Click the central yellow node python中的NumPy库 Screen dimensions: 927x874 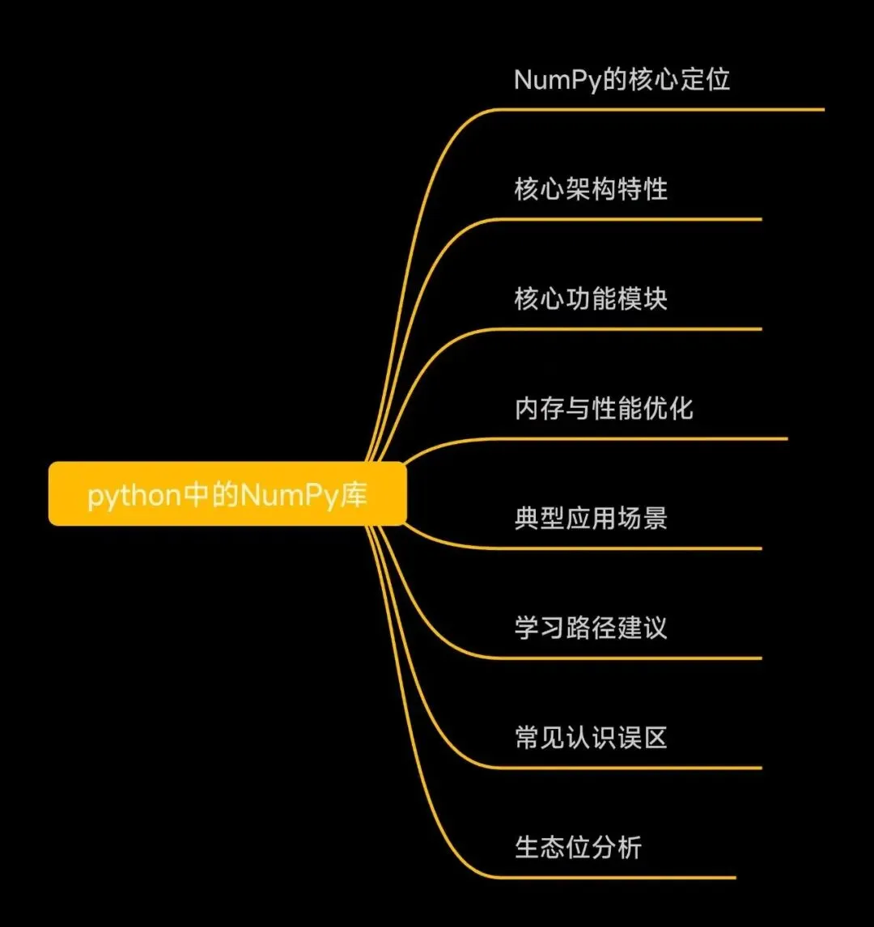click(x=227, y=493)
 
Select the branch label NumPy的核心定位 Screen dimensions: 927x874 click(x=622, y=79)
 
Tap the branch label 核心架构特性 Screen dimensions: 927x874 click(x=591, y=189)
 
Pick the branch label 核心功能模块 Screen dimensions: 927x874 click(x=591, y=299)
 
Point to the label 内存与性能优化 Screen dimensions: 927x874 click(x=604, y=408)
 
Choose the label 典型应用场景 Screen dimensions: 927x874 click(x=591, y=519)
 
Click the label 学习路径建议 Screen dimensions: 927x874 click(x=591, y=628)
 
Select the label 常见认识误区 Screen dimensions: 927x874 click(x=591, y=738)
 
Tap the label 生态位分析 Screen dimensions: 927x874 click(x=578, y=848)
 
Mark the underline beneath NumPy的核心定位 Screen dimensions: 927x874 click(x=664, y=109)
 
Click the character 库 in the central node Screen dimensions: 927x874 click(x=354, y=494)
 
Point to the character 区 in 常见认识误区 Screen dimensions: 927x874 click(x=655, y=738)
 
